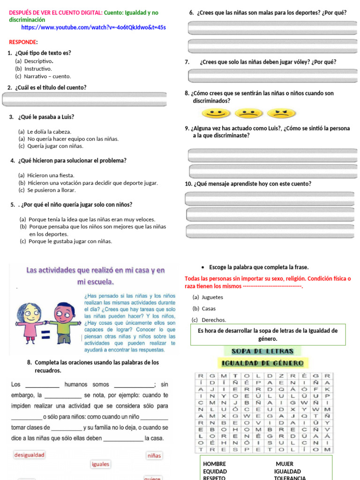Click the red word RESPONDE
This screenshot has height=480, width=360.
pos(23,42)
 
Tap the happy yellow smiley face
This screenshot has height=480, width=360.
pos(216,113)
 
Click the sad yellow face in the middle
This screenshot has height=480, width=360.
pos(248,113)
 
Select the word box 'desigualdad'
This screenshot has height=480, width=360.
pos(30,455)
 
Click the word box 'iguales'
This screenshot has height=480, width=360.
pos(101,464)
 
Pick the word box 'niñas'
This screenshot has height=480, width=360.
pos(154,455)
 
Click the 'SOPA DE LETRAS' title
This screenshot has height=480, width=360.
pos(262,351)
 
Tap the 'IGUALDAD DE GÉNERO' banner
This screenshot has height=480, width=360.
pos(262,363)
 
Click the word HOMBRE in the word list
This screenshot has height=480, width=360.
pos(215,464)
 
